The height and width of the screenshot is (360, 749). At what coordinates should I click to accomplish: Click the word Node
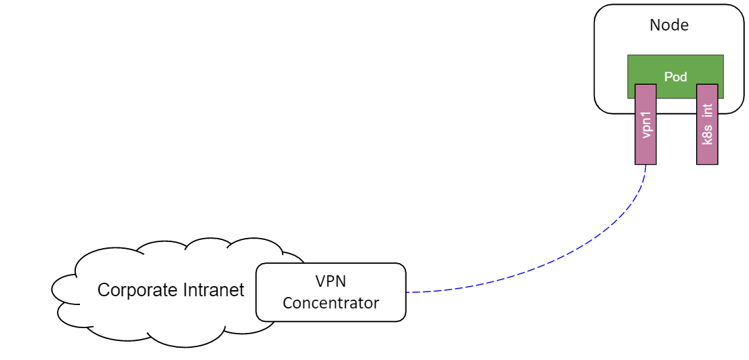coord(669,26)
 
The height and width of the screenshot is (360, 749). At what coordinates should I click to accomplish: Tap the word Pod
coord(675,77)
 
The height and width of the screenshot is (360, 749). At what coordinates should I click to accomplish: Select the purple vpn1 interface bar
coord(645,146)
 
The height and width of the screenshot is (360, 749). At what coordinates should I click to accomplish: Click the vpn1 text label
coord(646,124)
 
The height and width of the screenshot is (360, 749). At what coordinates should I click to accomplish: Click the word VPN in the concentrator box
coord(331,281)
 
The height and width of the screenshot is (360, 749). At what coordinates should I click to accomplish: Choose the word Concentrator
coord(331,303)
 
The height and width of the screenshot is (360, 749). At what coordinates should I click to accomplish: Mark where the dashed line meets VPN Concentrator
coord(407,292)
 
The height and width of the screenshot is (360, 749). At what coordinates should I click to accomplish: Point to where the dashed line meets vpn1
coord(645,165)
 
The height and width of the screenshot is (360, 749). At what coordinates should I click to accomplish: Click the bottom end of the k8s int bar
coord(707,163)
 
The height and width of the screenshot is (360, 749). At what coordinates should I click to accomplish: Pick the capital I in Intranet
coord(185,291)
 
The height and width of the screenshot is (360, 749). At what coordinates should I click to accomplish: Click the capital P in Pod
coord(668,77)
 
